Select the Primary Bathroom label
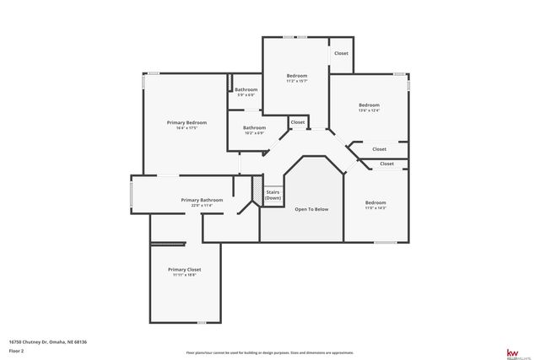point(202,200)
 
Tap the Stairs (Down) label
point(273,195)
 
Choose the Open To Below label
point(310,209)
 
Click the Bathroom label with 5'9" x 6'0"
point(246,89)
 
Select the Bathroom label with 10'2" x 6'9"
point(254,127)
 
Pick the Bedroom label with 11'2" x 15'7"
point(297,76)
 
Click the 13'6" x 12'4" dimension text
point(369,110)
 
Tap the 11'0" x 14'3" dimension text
point(375,208)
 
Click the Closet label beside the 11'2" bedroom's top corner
point(341,53)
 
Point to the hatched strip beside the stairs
point(256,191)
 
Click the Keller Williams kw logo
point(511,352)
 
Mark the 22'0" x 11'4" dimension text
point(202,205)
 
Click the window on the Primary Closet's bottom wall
point(201,322)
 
